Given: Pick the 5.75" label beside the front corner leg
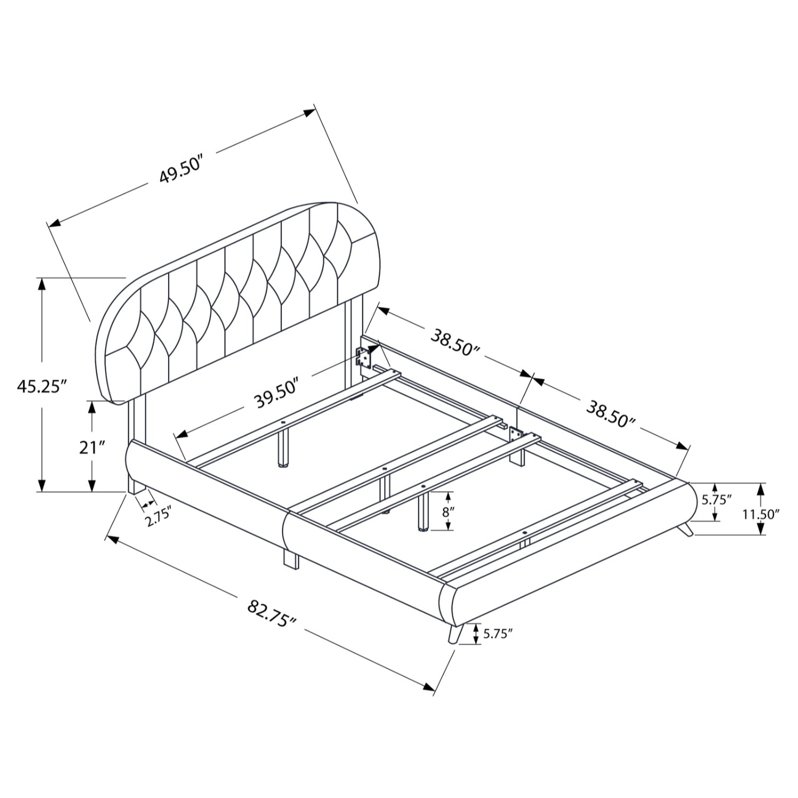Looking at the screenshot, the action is pyautogui.click(x=497, y=633).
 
